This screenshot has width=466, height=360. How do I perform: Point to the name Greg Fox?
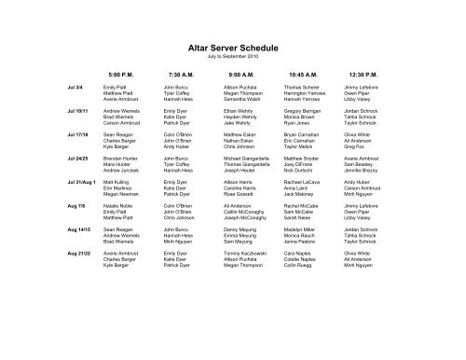point(353,147)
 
